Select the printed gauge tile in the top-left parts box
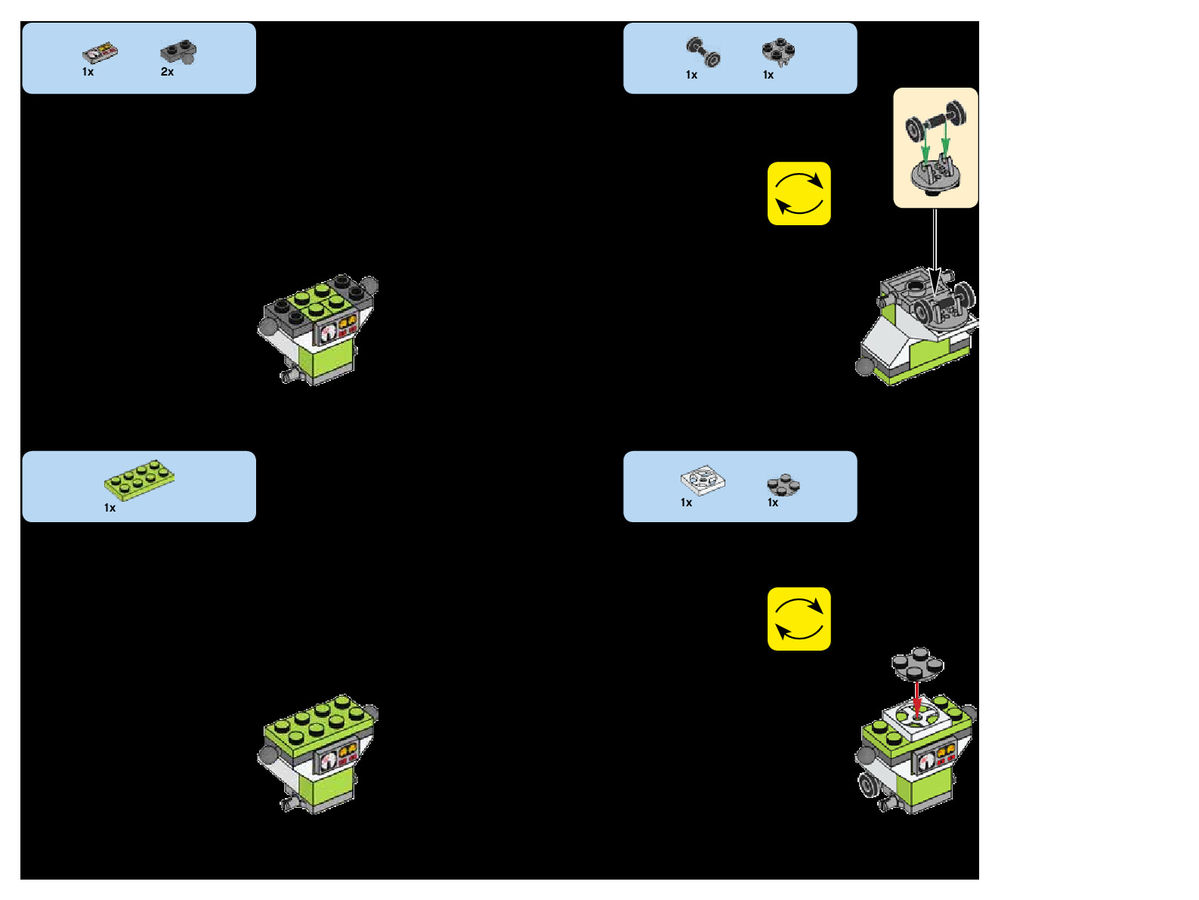(100, 53)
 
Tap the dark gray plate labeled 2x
(178, 52)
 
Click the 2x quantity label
(167, 72)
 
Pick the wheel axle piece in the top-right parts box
(703, 52)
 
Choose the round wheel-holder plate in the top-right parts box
(778, 51)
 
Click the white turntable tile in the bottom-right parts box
(702, 481)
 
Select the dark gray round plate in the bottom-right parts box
(783, 484)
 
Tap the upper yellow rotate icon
(799, 193)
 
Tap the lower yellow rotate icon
(799, 619)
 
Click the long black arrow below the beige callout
(935, 249)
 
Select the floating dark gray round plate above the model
(917, 663)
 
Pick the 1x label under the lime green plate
(110, 508)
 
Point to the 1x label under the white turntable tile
(686, 503)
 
